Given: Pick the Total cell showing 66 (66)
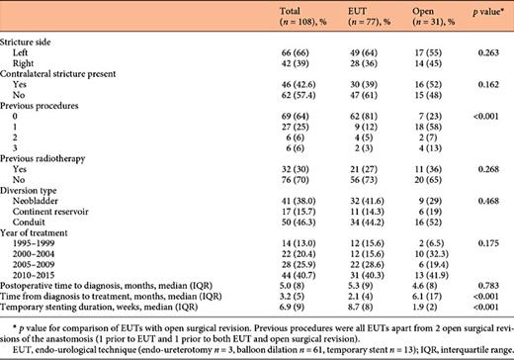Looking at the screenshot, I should tap(282, 54).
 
